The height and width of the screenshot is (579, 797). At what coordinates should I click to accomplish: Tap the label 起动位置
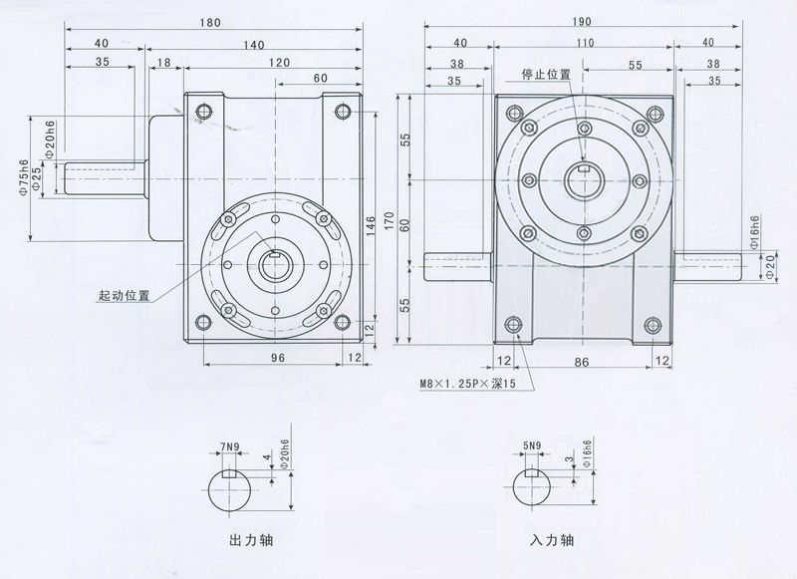(124, 296)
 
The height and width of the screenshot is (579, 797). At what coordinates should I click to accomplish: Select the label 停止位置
(546, 75)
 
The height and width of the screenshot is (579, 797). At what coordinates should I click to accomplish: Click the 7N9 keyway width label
(231, 446)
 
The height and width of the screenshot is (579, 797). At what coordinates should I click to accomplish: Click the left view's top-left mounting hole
(203, 110)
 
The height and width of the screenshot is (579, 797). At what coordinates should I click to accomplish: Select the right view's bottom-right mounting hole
(655, 324)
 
